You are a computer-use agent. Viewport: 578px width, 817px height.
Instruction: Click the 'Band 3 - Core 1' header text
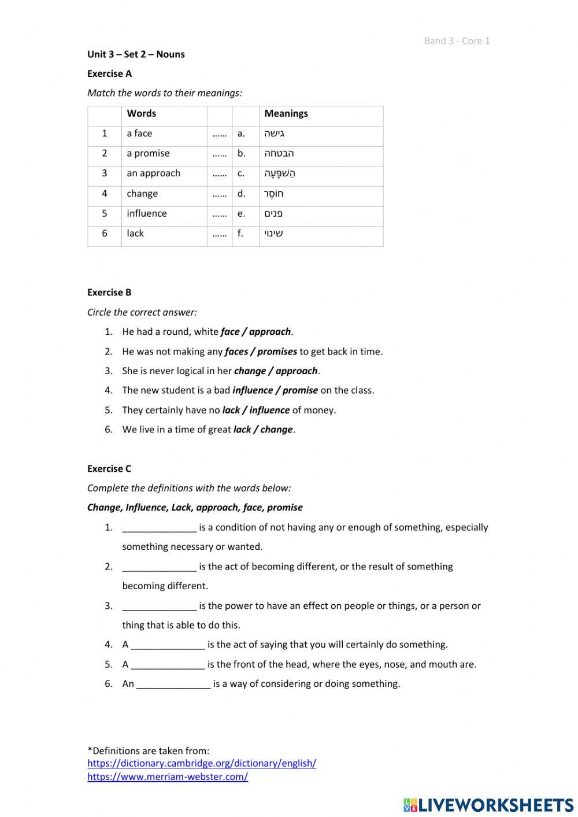pyautogui.click(x=457, y=40)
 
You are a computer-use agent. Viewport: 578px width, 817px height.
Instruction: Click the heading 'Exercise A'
pyautogui.click(x=109, y=73)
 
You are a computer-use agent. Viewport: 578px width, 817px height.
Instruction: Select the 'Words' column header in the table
pyautogui.click(x=142, y=113)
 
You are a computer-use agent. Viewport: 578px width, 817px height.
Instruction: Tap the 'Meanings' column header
pyautogui.click(x=286, y=113)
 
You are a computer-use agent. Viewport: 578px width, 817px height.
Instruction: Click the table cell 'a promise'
pyautogui.click(x=148, y=153)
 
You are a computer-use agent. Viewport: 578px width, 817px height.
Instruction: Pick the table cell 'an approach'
pyautogui.click(x=153, y=173)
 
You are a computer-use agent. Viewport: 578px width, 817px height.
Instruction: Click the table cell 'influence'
pyautogui.click(x=147, y=213)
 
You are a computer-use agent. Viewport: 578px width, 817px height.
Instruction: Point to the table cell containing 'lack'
pyautogui.click(x=135, y=234)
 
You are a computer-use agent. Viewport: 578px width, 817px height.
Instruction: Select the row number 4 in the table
pyautogui.click(x=105, y=194)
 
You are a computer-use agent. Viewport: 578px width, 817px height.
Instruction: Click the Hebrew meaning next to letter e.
pyautogui.click(x=273, y=213)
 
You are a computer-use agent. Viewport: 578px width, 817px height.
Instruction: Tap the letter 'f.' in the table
pyautogui.click(x=240, y=234)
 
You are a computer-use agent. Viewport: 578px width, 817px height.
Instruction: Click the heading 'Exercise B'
pyautogui.click(x=109, y=293)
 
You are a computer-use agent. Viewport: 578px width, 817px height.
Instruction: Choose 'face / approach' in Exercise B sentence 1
pyautogui.click(x=255, y=332)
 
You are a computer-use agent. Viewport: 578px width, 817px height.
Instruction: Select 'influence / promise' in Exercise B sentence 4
pyautogui.click(x=275, y=390)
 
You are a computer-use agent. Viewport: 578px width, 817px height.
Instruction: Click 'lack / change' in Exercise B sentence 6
pyautogui.click(x=263, y=430)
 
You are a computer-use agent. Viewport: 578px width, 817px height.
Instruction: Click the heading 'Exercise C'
pyautogui.click(x=109, y=469)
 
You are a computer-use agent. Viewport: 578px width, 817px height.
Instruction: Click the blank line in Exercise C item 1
pyautogui.click(x=160, y=528)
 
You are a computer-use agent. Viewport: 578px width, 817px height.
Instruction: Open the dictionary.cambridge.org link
pyautogui.click(x=202, y=763)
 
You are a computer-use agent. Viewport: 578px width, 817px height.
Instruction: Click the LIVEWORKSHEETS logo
pyautogui.click(x=488, y=805)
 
